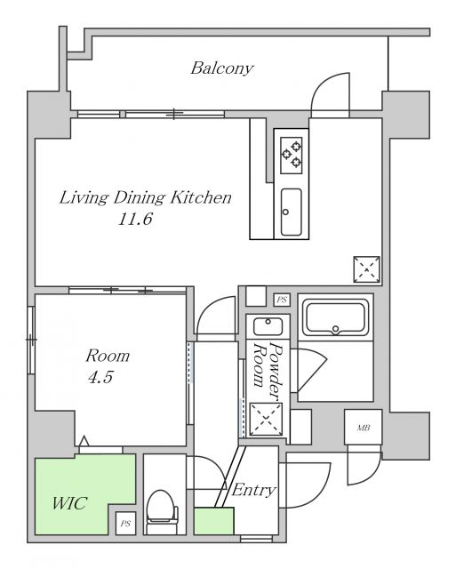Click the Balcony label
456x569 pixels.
click(222, 68)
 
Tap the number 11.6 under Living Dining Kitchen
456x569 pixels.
click(135, 219)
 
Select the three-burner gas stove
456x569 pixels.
click(292, 156)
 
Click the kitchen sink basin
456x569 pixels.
click(292, 212)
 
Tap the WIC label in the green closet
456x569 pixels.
click(69, 503)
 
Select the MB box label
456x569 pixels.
click(364, 428)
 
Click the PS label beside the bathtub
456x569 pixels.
click(282, 300)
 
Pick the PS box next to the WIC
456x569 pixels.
click(125, 524)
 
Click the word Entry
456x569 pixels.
click(253, 490)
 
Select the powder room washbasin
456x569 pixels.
click(268, 326)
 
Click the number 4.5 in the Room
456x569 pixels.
click(100, 377)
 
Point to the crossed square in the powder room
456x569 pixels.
click(267, 419)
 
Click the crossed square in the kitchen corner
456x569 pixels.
click(367, 269)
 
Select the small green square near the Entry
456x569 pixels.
click(213, 521)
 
